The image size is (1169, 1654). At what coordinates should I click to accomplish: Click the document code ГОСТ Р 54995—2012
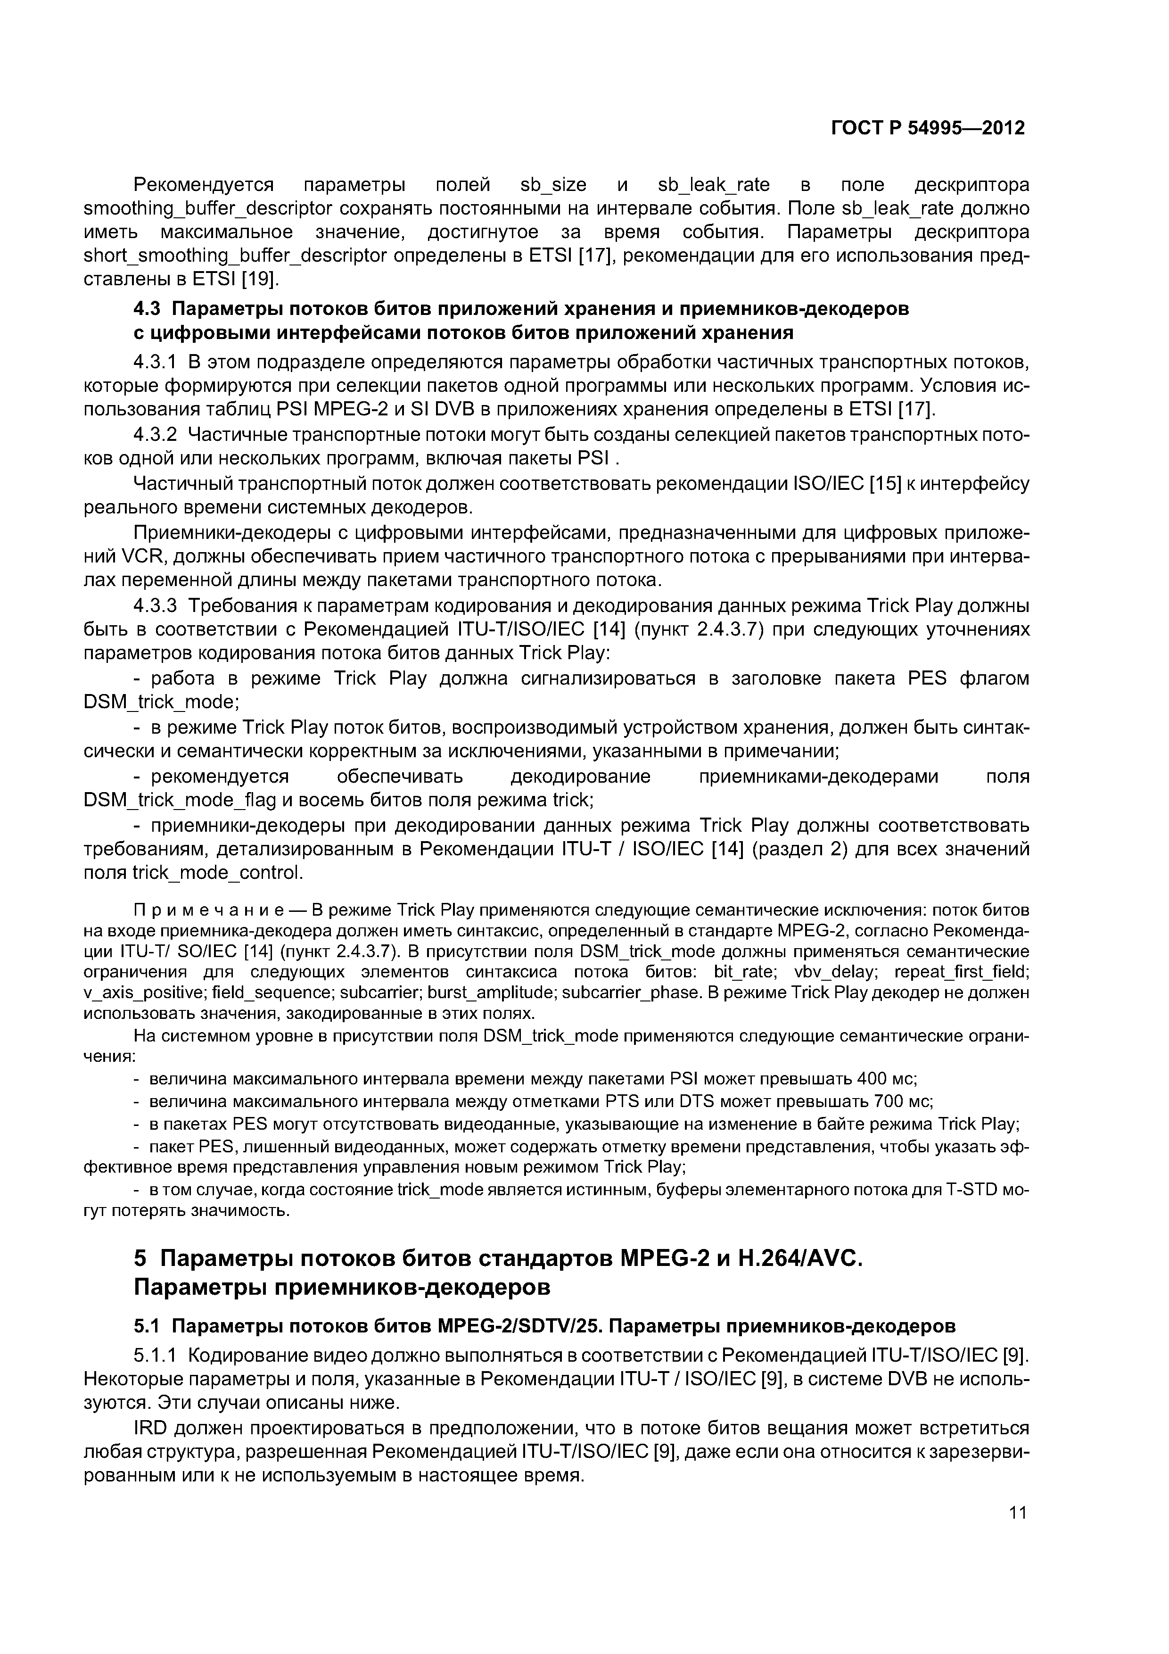[928, 128]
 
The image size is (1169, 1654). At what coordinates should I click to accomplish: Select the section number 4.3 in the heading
[149, 309]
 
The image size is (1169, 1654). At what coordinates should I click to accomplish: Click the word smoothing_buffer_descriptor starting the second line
[208, 209]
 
